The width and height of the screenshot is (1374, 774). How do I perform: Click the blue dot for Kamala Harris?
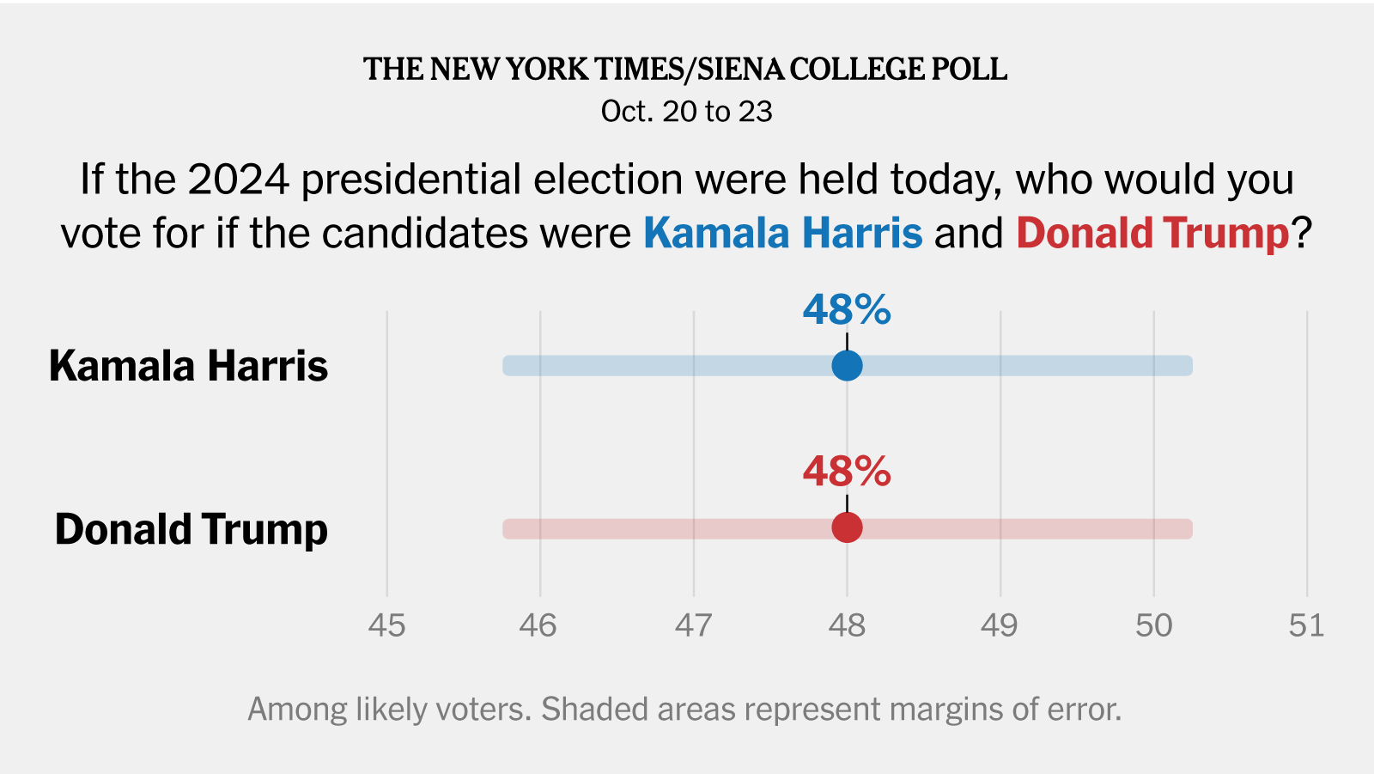[x=847, y=365]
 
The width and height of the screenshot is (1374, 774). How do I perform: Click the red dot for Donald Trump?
[x=847, y=527]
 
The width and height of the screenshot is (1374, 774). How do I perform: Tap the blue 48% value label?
[x=847, y=310]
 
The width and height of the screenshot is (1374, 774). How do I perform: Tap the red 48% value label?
[x=847, y=472]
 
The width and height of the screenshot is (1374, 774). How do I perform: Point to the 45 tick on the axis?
[x=386, y=625]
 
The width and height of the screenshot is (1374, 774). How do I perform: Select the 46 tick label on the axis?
[x=538, y=625]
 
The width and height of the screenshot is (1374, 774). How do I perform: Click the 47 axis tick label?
[x=693, y=625]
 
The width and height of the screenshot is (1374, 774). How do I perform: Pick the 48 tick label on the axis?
[x=847, y=625]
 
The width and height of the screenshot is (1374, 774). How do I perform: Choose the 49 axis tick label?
[x=1000, y=625]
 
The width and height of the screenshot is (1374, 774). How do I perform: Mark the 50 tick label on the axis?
[x=1153, y=625]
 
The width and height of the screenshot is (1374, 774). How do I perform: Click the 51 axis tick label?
[x=1306, y=625]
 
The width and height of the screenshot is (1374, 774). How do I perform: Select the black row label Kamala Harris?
[x=189, y=366]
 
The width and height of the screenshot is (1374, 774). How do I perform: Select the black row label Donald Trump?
[x=192, y=529]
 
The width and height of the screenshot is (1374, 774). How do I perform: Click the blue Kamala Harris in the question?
[x=782, y=234]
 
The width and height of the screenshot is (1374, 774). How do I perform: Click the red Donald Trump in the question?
[x=1152, y=234]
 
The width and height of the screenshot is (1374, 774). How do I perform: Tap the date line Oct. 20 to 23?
[x=687, y=112]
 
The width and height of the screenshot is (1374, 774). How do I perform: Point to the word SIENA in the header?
[x=740, y=70]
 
